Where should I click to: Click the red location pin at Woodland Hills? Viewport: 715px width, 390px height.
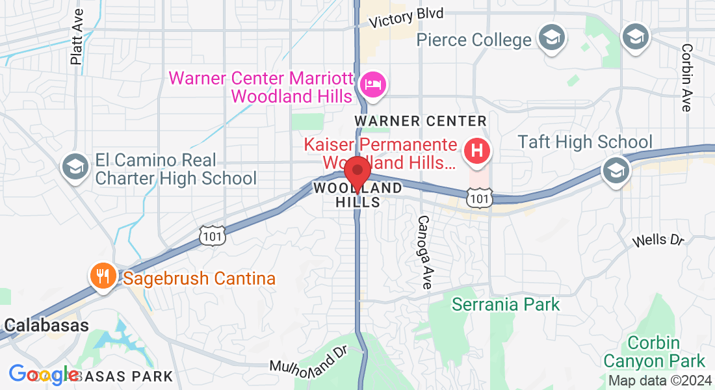point(357,172)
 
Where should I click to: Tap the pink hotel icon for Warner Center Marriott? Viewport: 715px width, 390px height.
point(373,84)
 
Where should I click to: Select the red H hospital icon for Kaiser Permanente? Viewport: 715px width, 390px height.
point(476,151)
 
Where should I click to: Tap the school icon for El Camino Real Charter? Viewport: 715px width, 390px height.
point(75,167)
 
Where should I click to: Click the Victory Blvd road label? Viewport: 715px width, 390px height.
point(406,18)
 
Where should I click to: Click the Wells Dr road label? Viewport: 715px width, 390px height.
point(659,240)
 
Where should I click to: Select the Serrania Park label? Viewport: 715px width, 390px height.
point(506,304)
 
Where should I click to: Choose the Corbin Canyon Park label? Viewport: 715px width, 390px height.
point(654,352)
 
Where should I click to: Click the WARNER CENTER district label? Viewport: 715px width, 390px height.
point(420,121)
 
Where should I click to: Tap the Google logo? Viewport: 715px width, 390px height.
point(44,374)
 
